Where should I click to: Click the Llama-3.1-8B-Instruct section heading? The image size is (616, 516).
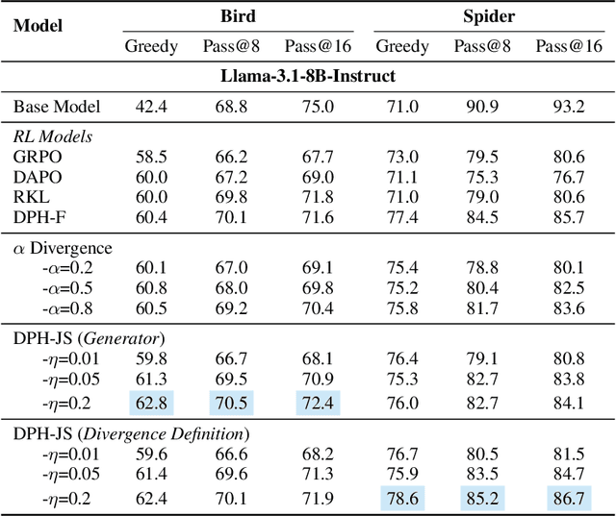pyautogui.click(x=307, y=74)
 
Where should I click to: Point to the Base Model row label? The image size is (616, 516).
pyautogui.click(x=57, y=106)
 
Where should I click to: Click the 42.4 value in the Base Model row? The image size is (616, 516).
pyautogui.click(x=150, y=106)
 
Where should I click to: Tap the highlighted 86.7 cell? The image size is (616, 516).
pyautogui.click(x=569, y=498)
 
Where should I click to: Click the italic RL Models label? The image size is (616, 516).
pyautogui.click(x=53, y=136)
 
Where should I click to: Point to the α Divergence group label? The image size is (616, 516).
pyautogui.click(x=62, y=248)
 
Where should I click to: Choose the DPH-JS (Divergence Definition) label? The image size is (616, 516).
pyautogui.click(x=131, y=434)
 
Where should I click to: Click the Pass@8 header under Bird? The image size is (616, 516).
pyautogui.click(x=230, y=46)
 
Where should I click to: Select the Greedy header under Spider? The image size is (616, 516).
pyautogui.click(x=402, y=46)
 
